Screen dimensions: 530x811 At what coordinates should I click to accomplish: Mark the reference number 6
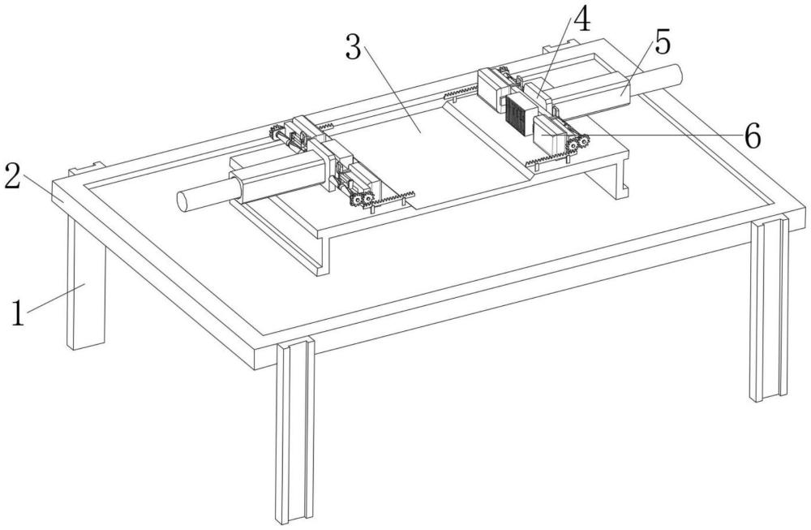(751, 137)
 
